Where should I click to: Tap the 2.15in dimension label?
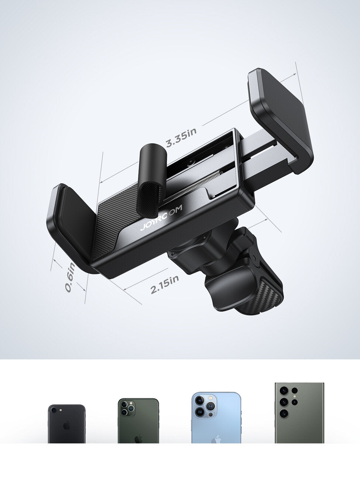[165, 284]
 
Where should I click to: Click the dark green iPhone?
[138, 421]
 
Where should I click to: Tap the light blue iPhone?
[216, 418]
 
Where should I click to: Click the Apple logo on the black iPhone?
[66, 425]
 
